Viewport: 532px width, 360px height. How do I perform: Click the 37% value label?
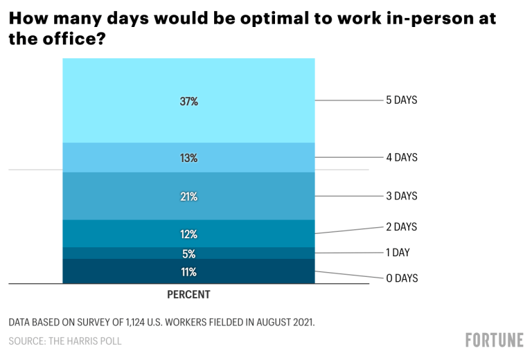pos(188,101)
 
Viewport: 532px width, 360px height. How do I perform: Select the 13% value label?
pos(188,158)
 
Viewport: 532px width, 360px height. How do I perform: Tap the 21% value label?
pos(188,197)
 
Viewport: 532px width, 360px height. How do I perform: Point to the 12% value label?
pos(188,234)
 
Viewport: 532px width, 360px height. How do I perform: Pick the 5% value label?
pos(188,253)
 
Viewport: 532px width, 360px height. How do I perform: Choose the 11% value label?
pos(188,271)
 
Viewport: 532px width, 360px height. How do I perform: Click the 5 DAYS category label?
pos(402,100)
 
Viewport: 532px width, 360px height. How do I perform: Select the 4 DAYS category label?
pos(402,157)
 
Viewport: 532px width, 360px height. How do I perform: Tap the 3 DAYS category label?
pos(402,196)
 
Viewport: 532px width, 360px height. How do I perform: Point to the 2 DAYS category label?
pos(402,226)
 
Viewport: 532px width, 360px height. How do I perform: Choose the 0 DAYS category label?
pos(402,278)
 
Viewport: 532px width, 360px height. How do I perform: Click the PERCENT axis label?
pos(188,294)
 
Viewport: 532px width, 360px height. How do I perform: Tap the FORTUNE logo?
pos(494,340)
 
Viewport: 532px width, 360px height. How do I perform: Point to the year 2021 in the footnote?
pos(301,323)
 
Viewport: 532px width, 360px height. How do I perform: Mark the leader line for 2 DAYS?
pos(350,231)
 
